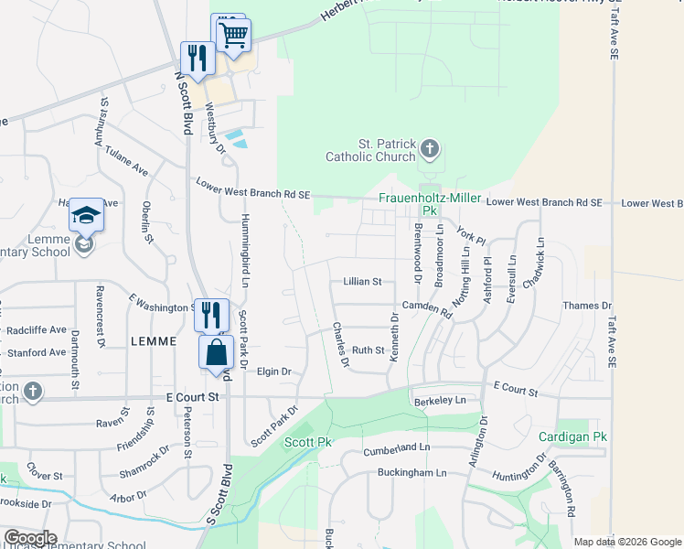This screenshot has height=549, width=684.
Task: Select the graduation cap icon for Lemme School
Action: coord(86,216)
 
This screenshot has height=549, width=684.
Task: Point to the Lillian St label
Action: coord(362,282)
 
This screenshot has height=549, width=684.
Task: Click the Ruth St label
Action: coord(368,350)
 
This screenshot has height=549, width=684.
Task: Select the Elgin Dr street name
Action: coord(273,371)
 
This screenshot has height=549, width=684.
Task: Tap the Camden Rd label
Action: coord(427,307)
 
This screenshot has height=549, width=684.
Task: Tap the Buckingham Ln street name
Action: coord(412,473)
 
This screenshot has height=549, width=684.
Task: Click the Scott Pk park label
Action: coord(307,442)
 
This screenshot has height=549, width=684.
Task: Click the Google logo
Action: coord(30,538)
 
